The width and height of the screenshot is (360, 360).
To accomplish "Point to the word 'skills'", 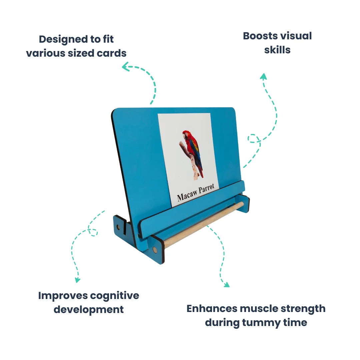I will (x=277, y=50).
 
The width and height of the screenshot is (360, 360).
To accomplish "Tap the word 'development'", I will (x=89, y=310).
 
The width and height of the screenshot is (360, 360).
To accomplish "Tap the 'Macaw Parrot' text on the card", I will (x=196, y=193).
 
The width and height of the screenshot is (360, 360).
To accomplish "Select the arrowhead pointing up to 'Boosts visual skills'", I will (x=263, y=76).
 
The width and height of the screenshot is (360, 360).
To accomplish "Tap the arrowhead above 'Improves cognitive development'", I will (x=78, y=280).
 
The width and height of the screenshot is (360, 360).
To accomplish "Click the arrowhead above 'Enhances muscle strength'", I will (x=227, y=285).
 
